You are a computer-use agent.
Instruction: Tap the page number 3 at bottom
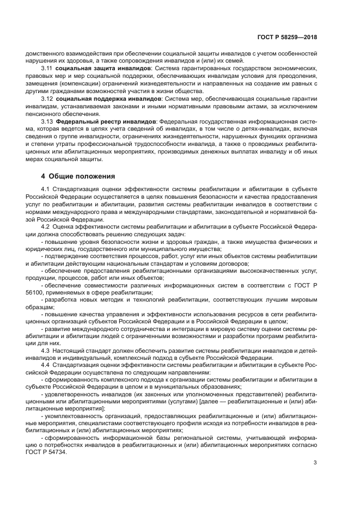[315, 463]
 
